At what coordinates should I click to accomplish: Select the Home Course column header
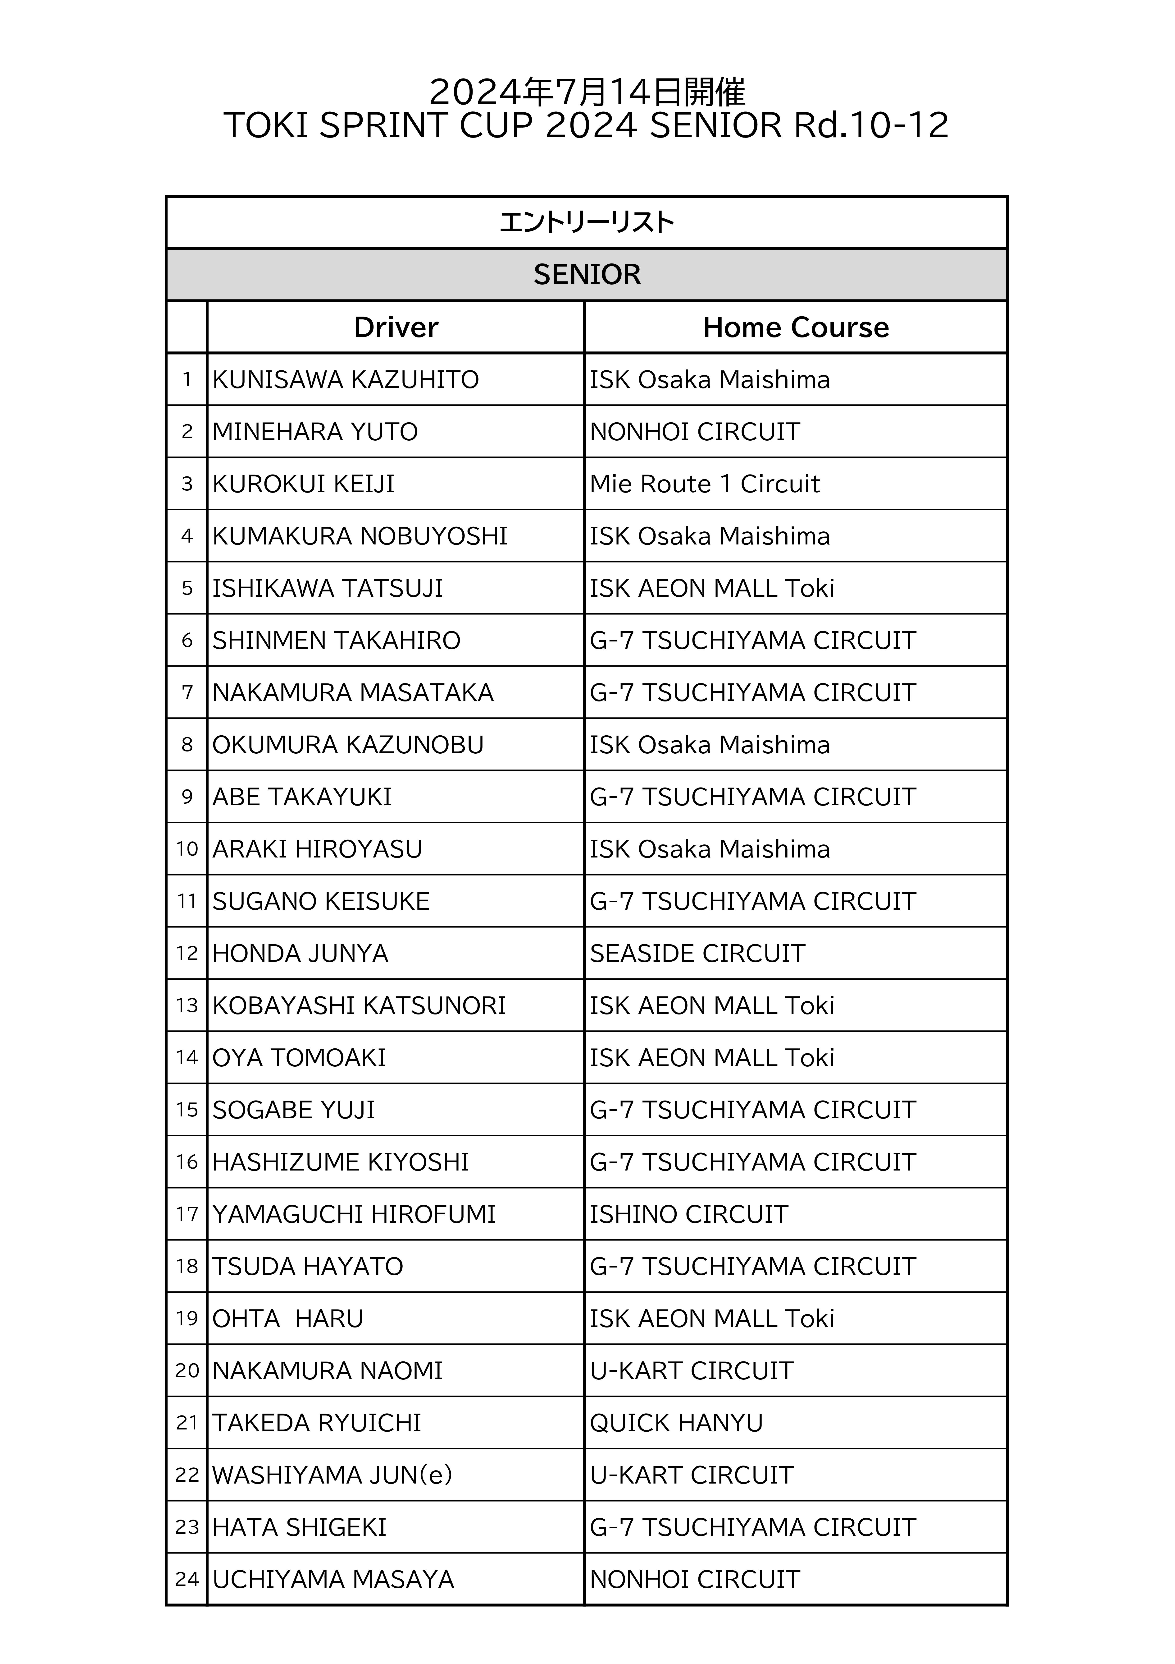[x=795, y=327]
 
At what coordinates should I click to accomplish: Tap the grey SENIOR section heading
[x=587, y=275]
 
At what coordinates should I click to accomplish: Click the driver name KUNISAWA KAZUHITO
[x=346, y=380]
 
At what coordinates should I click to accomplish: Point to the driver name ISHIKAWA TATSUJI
[x=328, y=589]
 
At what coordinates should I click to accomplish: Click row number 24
[x=187, y=1580]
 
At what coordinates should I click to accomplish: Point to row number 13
[x=187, y=1006]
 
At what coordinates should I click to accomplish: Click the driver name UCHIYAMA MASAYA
[x=333, y=1580]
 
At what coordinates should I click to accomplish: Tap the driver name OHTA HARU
[x=288, y=1319]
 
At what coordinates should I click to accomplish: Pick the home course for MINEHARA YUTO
[x=695, y=432]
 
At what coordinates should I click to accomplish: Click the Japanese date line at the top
[x=587, y=92]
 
